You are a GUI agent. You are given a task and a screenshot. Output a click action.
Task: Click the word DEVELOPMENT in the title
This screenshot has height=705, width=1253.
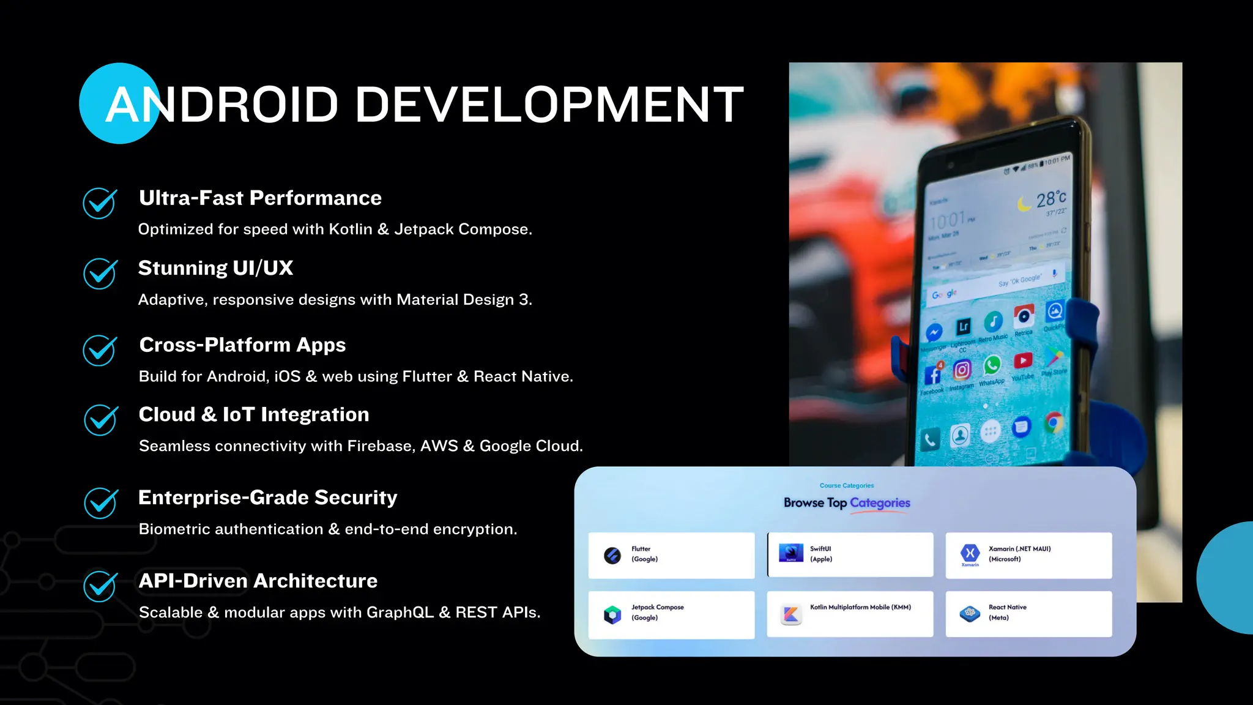(x=549, y=104)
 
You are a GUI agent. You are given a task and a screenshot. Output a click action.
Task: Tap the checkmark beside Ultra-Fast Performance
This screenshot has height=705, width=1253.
(x=100, y=203)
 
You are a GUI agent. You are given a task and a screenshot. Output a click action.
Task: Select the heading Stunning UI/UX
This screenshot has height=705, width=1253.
(x=215, y=268)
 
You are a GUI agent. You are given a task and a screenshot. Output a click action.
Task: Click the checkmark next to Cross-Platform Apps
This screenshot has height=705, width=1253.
(x=100, y=350)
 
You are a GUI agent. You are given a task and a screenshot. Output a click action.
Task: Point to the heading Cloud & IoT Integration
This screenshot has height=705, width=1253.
(x=253, y=415)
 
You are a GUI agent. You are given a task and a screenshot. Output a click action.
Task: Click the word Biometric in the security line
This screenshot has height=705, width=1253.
(x=170, y=529)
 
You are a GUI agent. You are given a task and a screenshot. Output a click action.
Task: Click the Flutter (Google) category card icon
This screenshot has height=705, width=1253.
(x=612, y=555)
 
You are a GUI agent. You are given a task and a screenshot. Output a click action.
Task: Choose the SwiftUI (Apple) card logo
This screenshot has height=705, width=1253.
(x=790, y=553)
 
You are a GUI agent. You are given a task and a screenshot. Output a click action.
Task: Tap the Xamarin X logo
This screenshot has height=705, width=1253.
(x=970, y=553)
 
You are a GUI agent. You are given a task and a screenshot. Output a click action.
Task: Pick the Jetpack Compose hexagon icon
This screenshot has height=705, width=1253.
(x=612, y=614)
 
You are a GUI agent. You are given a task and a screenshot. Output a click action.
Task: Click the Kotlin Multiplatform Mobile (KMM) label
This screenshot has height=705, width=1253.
(x=860, y=607)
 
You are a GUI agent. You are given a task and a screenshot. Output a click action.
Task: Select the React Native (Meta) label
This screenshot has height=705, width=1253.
(x=1007, y=612)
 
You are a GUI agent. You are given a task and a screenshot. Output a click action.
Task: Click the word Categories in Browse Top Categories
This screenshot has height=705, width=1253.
(x=880, y=503)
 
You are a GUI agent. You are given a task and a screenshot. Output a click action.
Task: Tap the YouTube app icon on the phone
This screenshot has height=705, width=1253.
(x=1023, y=361)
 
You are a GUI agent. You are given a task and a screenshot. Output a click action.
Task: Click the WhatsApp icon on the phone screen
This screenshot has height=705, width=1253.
(x=992, y=365)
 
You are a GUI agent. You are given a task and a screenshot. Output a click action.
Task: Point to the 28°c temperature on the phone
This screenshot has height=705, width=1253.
(x=1050, y=198)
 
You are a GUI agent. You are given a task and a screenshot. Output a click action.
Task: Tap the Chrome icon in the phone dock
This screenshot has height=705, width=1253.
(x=1054, y=423)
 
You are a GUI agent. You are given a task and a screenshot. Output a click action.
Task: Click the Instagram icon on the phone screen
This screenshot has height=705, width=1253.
(x=962, y=370)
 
